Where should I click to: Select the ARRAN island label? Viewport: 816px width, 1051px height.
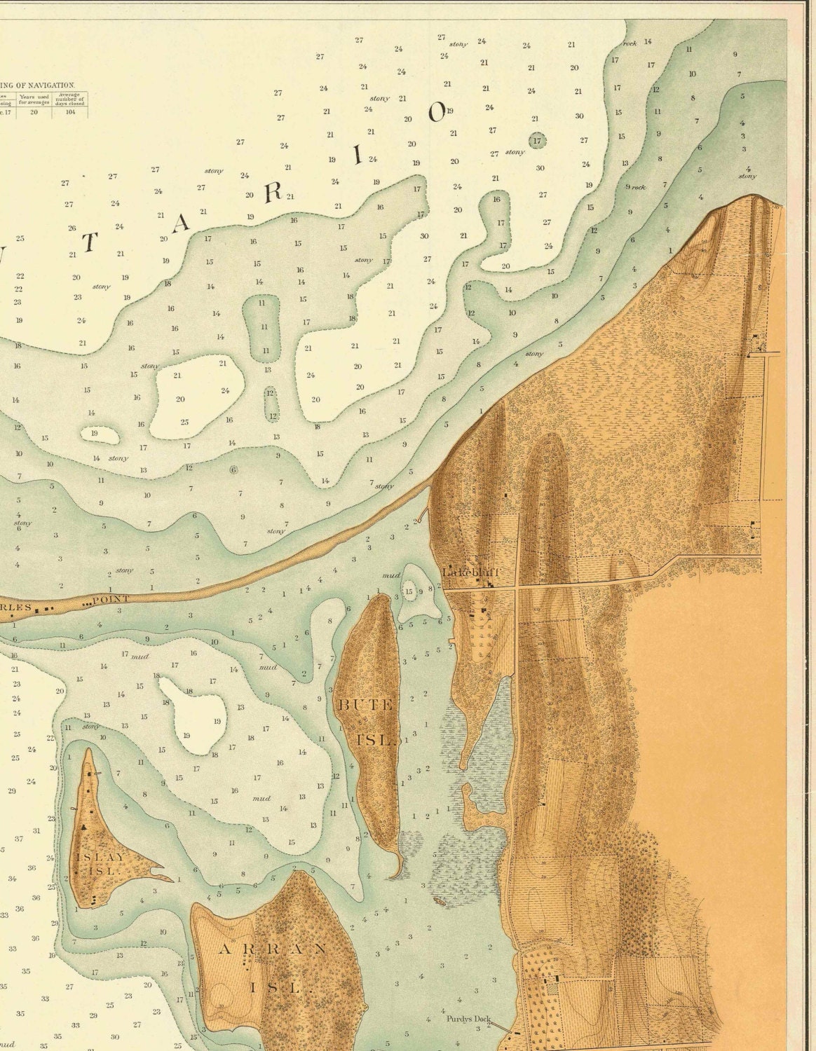[x=273, y=949]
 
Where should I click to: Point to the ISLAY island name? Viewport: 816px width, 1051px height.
[x=102, y=857]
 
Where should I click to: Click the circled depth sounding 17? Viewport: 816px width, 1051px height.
[x=538, y=141]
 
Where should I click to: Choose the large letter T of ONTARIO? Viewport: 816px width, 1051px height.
[x=90, y=242]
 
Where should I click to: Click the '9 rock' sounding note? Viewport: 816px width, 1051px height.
[x=635, y=187]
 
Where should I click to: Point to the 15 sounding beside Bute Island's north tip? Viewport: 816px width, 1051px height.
[x=409, y=592]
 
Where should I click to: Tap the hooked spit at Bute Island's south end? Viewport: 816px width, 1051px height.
[x=397, y=870]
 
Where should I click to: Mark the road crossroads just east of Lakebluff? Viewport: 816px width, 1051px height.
[x=518, y=589]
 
